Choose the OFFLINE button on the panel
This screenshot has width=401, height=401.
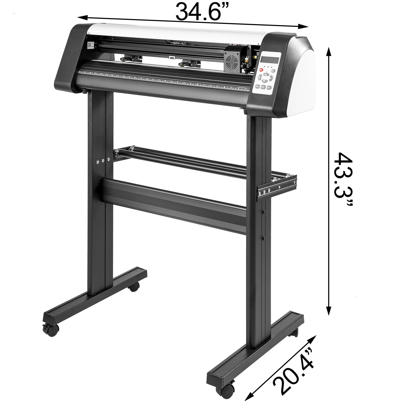257,86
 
